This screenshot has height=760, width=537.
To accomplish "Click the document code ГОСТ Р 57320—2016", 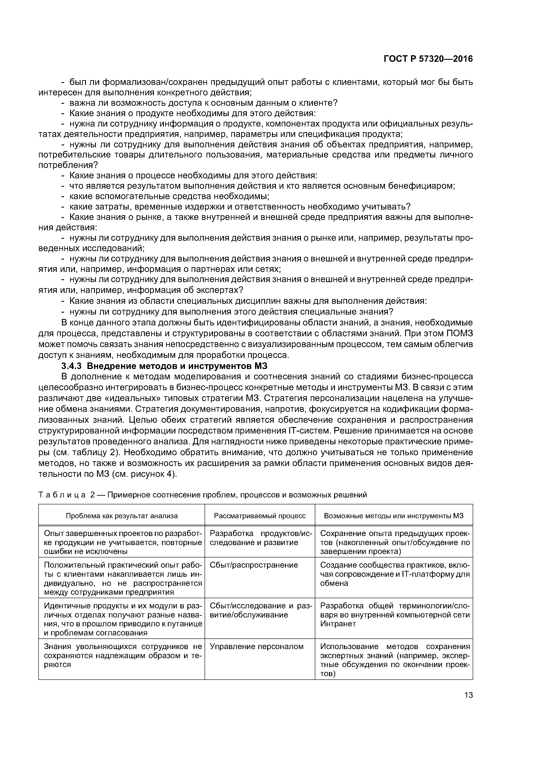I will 428,59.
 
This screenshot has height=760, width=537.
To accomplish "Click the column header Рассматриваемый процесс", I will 260,516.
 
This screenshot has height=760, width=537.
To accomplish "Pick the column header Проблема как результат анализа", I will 122,516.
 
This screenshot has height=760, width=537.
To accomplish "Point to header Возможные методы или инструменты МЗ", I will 394,516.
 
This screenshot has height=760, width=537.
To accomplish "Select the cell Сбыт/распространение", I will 254,565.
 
